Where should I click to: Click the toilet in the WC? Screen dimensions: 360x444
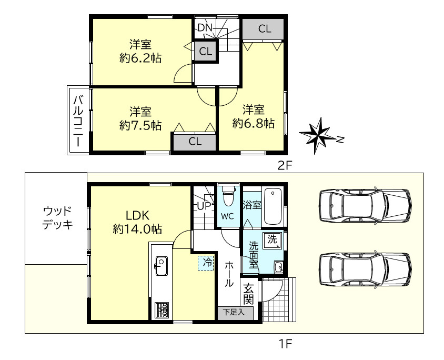[228, 198]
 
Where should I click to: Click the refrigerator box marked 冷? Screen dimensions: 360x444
[206, 263]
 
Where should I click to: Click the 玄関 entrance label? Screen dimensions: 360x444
[248, 294]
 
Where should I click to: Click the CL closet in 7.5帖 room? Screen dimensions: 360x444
[195, 141]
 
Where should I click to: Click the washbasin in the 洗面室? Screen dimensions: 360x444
[278, 267]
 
